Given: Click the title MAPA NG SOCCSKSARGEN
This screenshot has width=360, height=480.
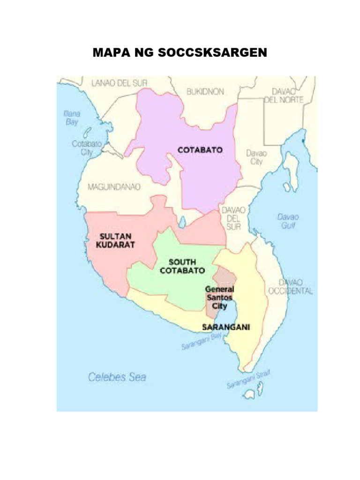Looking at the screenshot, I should tap(180, 52).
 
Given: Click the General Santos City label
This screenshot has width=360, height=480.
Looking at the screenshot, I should tap(219, 298).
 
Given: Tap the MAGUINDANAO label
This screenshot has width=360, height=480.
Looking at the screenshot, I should tap(114, 187).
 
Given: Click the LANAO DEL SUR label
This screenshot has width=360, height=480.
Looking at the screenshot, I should tap(119, 83).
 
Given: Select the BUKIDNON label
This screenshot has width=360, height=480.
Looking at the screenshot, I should tap(205, 92).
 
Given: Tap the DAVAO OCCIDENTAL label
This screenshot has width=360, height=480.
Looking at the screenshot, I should tap(290, 286).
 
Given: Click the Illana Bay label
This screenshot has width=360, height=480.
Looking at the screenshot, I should tap(72, 117).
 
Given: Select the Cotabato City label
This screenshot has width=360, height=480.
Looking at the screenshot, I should tap(87, 149).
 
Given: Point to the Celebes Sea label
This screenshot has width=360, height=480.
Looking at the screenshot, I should tap(118, 376).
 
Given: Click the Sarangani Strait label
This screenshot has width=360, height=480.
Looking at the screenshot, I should tap(249, 379).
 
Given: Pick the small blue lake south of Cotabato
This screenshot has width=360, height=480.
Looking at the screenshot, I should tap(181, 221).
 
